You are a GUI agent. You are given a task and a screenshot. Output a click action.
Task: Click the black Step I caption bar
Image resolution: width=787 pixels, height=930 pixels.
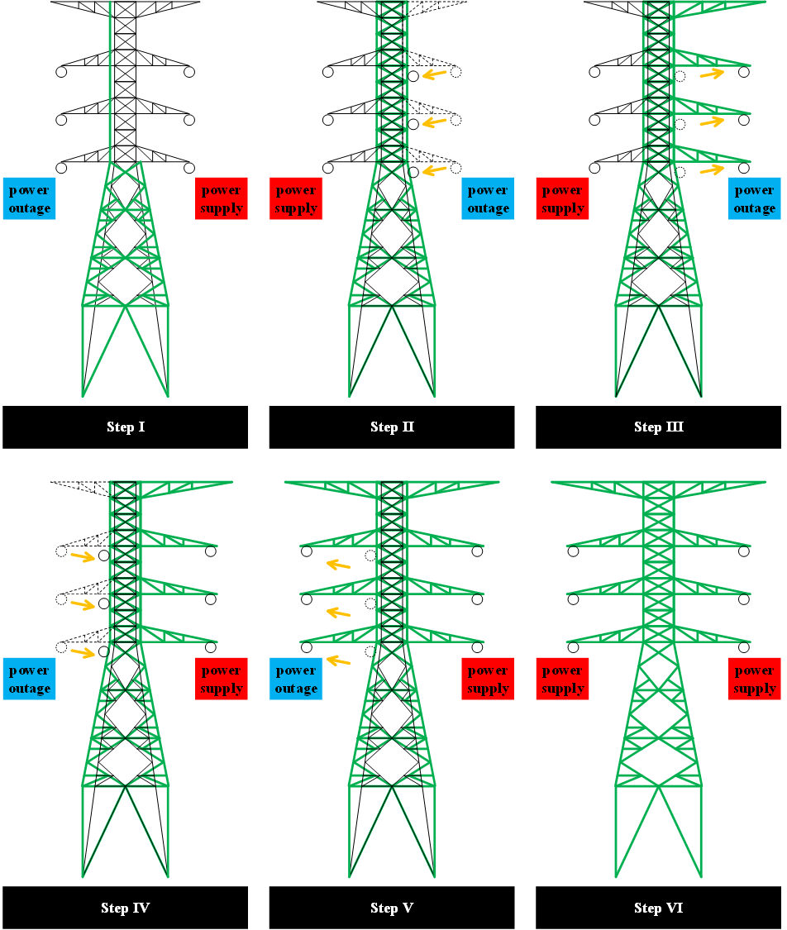pos(125,427)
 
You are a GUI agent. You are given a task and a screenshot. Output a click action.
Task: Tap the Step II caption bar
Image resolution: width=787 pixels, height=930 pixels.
pos(391,427)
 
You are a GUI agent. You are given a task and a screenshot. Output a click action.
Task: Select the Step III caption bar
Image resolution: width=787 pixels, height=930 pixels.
pos(658,427)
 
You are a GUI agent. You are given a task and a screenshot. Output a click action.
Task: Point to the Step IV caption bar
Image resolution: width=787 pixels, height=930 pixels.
pos(125,908)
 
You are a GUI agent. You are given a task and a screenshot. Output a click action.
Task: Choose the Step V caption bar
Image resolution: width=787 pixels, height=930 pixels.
pos(391,908)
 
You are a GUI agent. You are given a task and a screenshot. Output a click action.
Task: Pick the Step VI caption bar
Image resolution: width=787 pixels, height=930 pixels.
pos(658,908)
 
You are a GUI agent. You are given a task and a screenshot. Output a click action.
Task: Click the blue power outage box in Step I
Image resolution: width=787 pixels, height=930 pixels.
pos(29,198)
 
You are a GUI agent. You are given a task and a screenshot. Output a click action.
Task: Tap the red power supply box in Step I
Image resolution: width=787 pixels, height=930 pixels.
pos(222,198)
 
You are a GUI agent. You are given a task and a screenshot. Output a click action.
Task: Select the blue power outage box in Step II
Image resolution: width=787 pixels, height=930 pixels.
pos(488,198)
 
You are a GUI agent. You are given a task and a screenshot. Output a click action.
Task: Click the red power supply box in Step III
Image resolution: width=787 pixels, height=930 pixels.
pos(562,198)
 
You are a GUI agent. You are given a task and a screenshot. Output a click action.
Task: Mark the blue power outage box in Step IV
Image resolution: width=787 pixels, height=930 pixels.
pos(29,679)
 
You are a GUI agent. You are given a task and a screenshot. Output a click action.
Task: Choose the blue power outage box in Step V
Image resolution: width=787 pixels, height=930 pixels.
pos(296,679)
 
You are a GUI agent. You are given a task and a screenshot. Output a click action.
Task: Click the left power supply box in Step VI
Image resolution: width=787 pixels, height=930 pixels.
pos(562,679)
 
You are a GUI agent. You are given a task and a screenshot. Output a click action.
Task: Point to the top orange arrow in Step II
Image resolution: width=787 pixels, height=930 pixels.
pos(435,74)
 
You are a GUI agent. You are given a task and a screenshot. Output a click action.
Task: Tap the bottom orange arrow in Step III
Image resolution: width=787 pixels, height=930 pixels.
pos(713,169)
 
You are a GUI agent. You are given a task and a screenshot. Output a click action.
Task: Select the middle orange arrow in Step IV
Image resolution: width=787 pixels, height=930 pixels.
pos(83,604)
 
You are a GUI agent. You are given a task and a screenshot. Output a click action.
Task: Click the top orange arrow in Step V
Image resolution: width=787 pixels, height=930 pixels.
pos(338,565)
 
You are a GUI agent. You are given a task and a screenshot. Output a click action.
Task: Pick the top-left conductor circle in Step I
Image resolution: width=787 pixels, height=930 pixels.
pos(61,72)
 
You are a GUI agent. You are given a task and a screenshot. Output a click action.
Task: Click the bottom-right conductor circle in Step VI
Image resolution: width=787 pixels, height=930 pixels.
pos(744,647)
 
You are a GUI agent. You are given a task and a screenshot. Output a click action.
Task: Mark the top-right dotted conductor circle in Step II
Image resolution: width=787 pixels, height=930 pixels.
pos(456,72)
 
